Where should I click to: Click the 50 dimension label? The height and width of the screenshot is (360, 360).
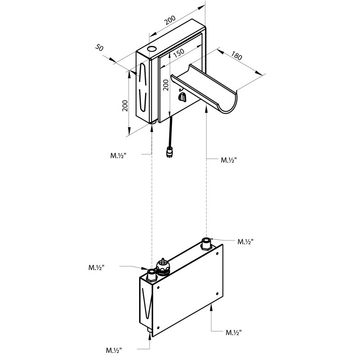(99, 48)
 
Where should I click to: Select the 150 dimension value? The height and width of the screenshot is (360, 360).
(179, 53)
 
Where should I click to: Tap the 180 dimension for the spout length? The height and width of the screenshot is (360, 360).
(237, 55)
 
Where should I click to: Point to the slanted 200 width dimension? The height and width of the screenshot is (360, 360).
(170, 20)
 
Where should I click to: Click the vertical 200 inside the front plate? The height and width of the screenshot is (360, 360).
(166, 85)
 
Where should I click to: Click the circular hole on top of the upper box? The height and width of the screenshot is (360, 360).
(152, 49)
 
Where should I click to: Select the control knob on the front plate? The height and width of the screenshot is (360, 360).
(182, 97)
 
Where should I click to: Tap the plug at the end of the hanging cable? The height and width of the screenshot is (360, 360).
(170, 152)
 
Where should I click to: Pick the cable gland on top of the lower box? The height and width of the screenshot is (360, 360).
(163, 266)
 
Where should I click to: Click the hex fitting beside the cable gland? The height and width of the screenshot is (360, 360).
(152, 275)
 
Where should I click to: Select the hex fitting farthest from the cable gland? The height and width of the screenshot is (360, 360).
(206, 244)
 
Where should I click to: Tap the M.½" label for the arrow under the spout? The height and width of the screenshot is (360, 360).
(229, 160)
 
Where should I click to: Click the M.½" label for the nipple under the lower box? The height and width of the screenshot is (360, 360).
(114, 351)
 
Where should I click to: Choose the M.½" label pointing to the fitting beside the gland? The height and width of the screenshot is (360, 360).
(96, 267)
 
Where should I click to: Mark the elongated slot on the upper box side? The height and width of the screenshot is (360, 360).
(143, 87)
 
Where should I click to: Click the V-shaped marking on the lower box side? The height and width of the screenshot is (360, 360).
(147, 303)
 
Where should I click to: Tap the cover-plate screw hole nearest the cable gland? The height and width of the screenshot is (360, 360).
(158, 287)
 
